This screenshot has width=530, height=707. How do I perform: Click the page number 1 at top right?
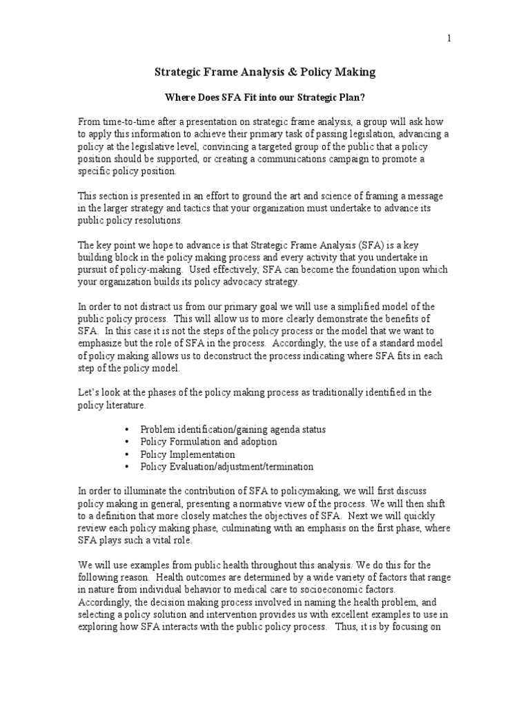449,38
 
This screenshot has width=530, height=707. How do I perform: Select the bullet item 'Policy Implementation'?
187,454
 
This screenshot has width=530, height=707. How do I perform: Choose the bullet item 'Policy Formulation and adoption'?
208,442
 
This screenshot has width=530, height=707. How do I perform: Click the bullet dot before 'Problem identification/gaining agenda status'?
128,429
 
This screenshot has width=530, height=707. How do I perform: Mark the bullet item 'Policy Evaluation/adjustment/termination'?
226,467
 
